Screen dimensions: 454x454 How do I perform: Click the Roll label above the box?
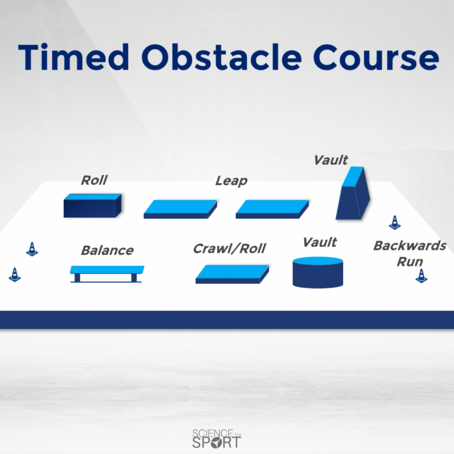[x=94, y=180]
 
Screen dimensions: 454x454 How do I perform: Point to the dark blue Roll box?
[x=93, y=205]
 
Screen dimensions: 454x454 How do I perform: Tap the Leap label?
[x=231, y=181]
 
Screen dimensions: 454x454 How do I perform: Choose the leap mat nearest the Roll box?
[x=180, y=209]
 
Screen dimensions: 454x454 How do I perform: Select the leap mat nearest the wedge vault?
[x=272, y=209]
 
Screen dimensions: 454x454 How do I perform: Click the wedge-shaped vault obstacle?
[x=353, y=194]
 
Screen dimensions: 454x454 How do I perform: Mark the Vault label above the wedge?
[x=331, y=160]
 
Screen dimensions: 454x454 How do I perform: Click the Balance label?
[x=108, y=250]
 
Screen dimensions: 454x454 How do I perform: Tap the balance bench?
[x=107, y=274]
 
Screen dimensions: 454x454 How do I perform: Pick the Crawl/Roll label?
[x=229, y=249]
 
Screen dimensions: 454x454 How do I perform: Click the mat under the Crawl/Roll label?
[x=232, y=274]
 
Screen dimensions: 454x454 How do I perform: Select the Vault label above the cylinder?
[x=320, y=242]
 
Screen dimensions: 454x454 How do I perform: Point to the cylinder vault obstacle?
[x=318, y=272]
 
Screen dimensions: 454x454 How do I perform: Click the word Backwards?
[x=409, y=246]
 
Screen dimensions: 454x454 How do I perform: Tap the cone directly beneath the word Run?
[x=421, y=276]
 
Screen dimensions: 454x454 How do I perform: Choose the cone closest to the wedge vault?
[x=394, y=223]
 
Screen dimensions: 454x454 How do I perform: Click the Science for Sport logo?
[x=217, y=439]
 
